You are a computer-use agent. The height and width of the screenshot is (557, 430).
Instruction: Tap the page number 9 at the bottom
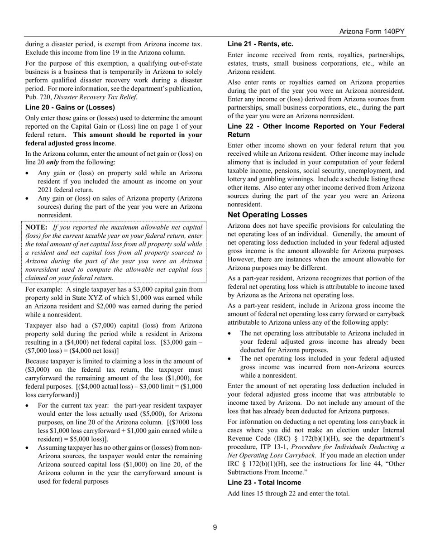[215, 527]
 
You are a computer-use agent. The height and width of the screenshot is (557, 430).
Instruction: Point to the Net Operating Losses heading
[268, 215]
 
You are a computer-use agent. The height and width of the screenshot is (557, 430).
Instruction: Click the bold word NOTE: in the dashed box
[36, 227]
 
